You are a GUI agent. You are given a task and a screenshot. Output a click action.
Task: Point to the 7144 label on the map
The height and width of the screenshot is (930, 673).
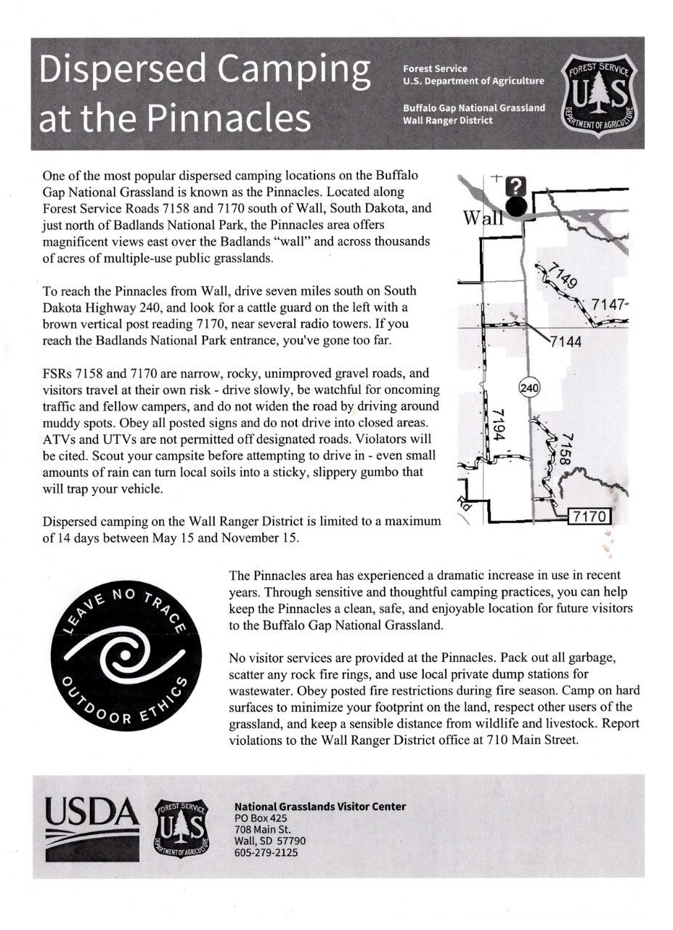tap(566, 341)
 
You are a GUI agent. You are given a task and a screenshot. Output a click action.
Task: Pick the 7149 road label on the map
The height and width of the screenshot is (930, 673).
tap(558, 280)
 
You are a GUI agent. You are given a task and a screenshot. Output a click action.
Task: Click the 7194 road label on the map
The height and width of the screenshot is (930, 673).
tap(498, 425)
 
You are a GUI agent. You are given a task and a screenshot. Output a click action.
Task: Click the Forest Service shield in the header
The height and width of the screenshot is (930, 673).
tap(602, 92)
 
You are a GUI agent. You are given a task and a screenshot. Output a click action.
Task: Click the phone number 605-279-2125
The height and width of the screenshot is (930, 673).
tap(266, 852)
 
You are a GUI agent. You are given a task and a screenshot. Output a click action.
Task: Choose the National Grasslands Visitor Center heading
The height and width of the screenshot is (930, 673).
tap(320, 806)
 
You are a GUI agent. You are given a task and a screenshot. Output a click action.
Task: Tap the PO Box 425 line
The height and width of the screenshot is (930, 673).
tap(261, 818)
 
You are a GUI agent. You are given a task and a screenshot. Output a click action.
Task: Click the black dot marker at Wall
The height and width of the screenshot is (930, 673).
tap(516, 207)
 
